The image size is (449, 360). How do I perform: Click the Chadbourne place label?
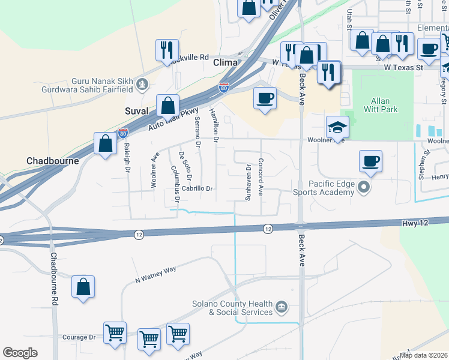(52, 161)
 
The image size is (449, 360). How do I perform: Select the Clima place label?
(225, 62)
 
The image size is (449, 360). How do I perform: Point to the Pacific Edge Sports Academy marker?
(363, 188)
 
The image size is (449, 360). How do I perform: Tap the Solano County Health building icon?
(281, 308)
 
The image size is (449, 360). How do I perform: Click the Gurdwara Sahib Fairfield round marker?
(142, 85)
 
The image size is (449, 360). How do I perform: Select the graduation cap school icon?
(337, 127)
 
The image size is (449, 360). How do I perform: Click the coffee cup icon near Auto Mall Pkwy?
(265, 98)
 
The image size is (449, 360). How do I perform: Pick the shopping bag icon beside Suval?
(169, 105)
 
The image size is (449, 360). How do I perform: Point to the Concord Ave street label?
(261, 176)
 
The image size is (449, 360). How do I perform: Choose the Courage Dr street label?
(78, 337)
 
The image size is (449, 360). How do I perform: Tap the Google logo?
(20, 353)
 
